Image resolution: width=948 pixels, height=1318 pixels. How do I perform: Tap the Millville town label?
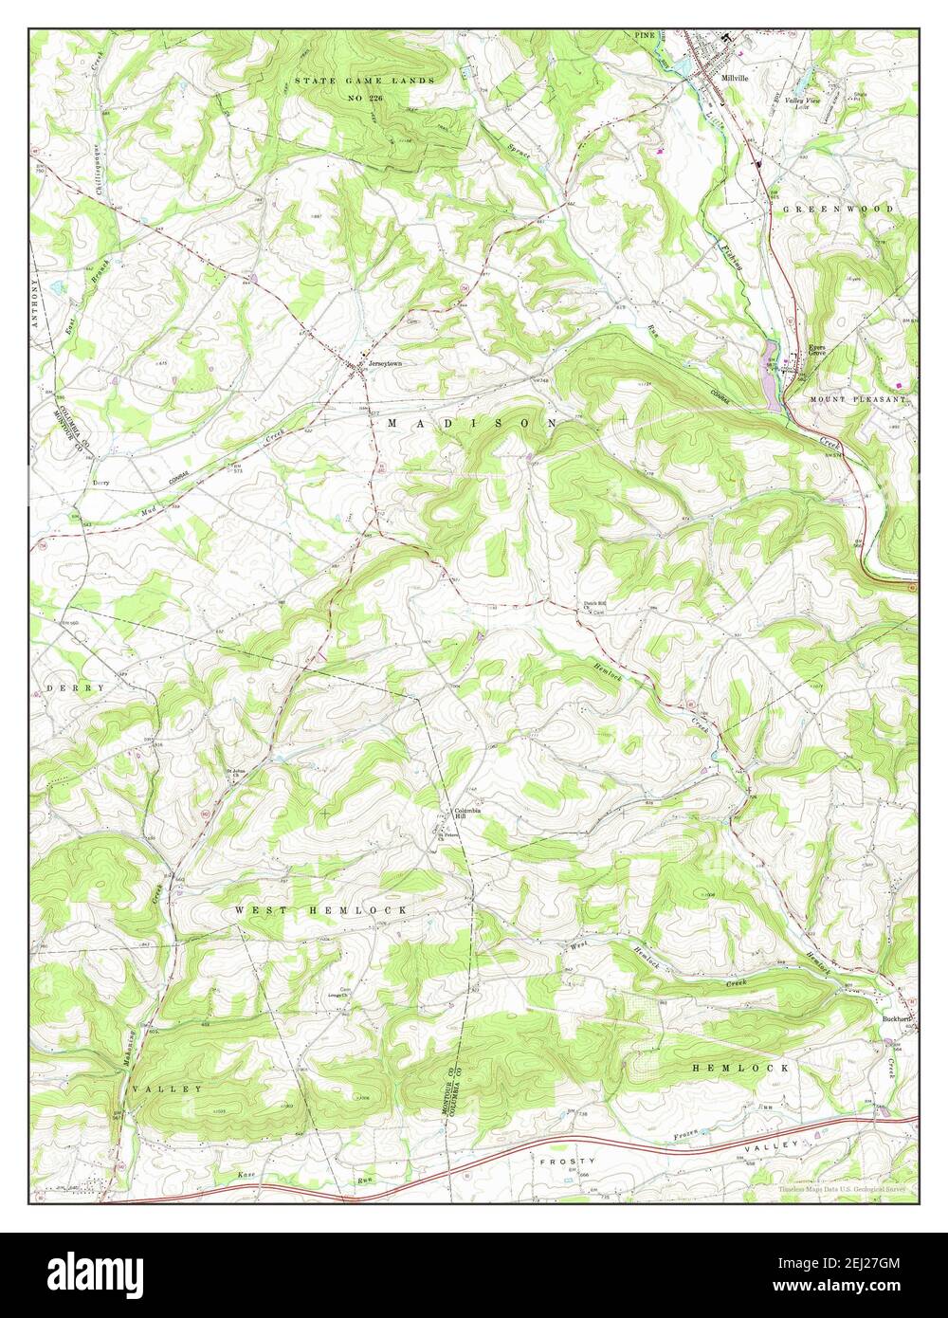point(735,79)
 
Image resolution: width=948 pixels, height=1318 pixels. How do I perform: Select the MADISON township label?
point(471,423)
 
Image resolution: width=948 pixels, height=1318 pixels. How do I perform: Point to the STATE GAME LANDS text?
point(364,81)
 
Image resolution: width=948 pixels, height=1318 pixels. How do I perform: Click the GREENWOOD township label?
point(838,208)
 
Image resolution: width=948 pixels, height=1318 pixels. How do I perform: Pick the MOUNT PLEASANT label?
point(859,400)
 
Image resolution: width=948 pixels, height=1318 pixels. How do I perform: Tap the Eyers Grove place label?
point(818,351)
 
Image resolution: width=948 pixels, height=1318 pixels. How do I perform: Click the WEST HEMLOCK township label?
point(321,909)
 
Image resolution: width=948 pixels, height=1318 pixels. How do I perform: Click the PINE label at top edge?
point(646,35)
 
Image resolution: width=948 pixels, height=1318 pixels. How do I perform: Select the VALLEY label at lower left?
point(168,1089)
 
